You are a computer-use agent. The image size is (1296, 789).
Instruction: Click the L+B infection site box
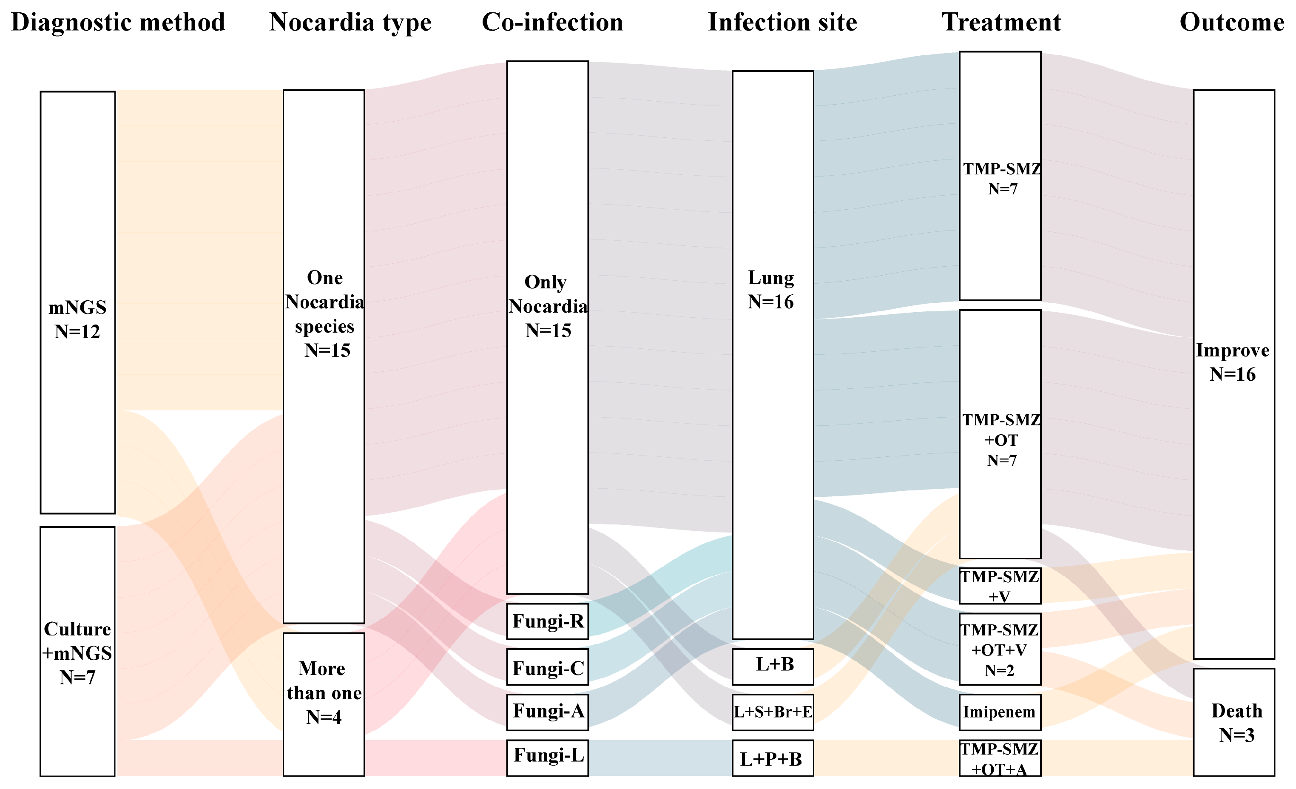click(773, 667)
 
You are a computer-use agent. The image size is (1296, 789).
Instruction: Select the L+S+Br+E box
click(773, 712)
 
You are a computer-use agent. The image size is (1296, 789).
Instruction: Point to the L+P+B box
click(773, 758)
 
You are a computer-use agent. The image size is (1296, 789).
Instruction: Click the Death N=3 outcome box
click(1233, 722)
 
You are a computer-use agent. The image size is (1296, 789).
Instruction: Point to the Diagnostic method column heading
click(118, 23)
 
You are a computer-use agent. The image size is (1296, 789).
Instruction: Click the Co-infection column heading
click(552, 23)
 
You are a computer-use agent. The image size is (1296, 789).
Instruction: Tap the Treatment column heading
click(1001, 23)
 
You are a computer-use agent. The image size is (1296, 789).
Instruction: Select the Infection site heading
click(782, 23)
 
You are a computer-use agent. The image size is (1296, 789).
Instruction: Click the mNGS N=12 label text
click(77, 319)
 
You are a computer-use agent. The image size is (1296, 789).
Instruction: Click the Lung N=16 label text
click(770, 289)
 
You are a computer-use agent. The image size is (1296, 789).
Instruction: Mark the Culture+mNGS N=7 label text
click(77, 653)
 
